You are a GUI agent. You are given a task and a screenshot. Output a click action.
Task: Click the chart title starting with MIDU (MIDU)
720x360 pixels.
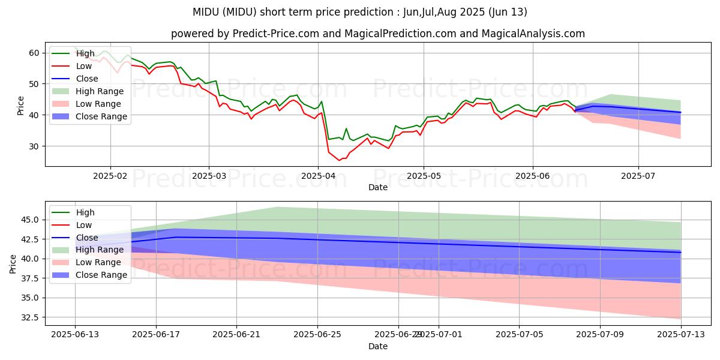(x=360, y=12)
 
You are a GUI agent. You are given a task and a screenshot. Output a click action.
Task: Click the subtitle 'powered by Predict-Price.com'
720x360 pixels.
(x=378, y=34)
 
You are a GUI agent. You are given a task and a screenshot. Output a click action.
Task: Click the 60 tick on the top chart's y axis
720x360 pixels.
(x=34, y=53)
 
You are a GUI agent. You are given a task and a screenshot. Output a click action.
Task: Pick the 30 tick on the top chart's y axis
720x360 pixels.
(x=34, y=146)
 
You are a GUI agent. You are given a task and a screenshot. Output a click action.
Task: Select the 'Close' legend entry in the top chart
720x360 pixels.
(x=87, y=79)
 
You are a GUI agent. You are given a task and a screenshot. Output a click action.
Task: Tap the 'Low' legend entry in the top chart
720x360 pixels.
(x=84, y=66)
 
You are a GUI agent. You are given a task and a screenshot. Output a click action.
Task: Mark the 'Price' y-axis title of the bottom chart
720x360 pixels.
(x=13, y=263)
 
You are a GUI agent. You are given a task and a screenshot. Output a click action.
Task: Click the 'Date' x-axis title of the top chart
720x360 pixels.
(x=378, y=187)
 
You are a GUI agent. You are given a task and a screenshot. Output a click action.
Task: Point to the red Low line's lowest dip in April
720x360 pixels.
(x=339, y=160)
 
